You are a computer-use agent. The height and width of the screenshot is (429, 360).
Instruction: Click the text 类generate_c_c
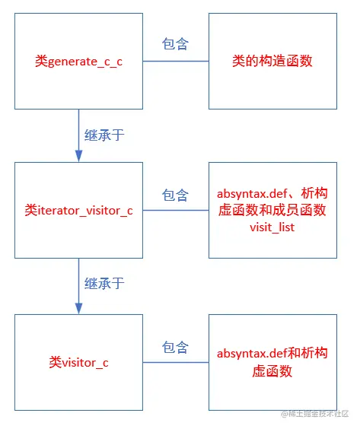[78, 61]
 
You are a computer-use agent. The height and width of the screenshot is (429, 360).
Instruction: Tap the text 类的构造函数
[272, 61]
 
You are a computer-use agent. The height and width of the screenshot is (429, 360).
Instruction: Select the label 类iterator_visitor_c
[78, 211]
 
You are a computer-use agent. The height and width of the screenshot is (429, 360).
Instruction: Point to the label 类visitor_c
[78, 362]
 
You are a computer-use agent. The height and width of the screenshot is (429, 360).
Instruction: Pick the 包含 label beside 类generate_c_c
[175, 43]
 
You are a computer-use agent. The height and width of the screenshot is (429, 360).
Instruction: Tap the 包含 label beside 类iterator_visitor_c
[175, 195]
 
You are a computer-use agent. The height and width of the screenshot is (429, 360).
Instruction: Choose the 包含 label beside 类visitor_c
[175, 347]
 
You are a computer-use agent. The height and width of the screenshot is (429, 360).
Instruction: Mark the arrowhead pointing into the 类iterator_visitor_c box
[78, 155]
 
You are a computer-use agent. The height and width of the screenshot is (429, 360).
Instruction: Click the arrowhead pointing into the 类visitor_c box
[78, 307]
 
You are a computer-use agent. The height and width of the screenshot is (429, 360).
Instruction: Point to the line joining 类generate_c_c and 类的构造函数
[175, 61]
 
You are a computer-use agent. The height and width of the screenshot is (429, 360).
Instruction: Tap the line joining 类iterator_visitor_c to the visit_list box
[175, 211]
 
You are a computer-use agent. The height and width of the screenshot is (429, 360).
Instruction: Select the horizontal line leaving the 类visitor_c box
[175, 362]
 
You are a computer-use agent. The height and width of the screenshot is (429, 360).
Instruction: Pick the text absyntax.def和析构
[272, 354]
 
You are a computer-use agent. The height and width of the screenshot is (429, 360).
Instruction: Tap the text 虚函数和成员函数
[272, 210]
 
